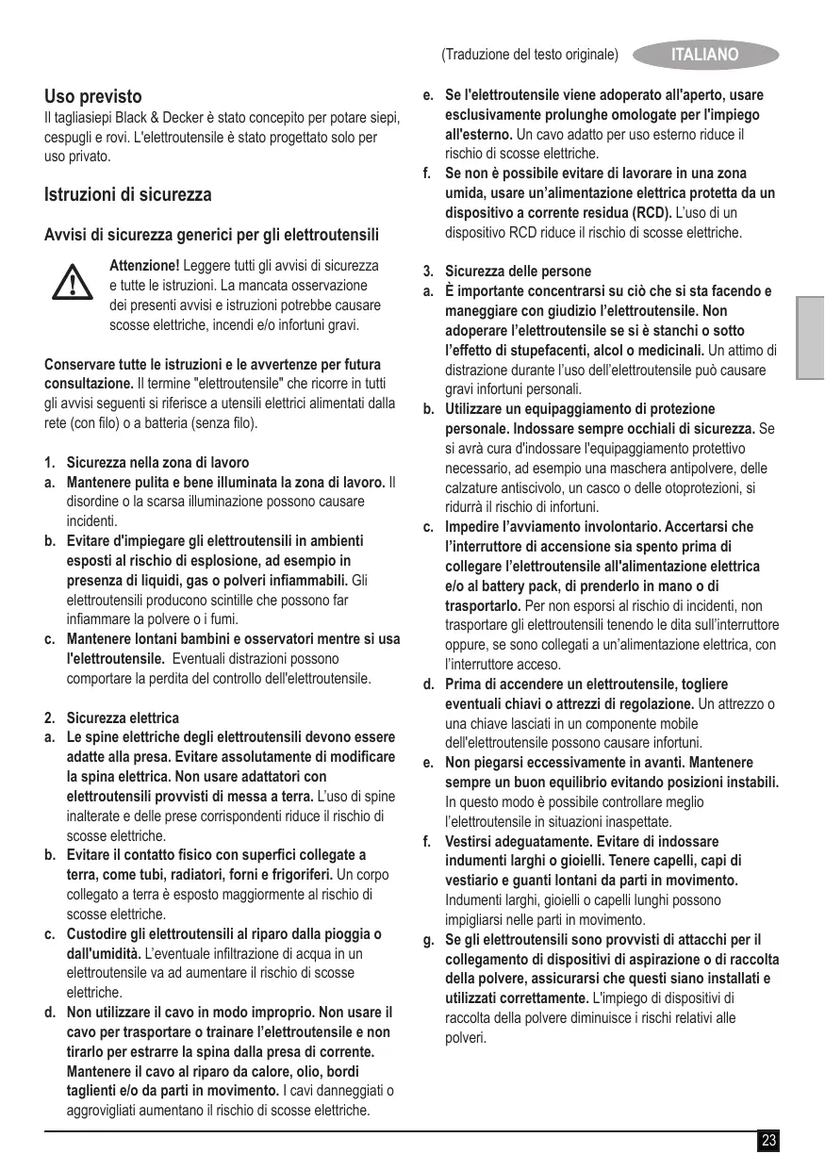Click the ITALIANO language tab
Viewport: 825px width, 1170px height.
[x=704, y=55]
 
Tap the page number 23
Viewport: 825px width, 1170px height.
[x=769, y=1142]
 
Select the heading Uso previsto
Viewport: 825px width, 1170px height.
[x=93, y=96]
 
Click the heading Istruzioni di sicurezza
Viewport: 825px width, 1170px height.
[x=128, y=195]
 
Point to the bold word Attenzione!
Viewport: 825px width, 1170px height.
[x=144, y=265]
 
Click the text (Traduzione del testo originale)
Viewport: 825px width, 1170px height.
[x=529, y=55]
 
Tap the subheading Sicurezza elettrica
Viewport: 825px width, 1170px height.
[x=123, y=717]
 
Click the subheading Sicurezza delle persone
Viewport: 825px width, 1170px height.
[x=518, y=272]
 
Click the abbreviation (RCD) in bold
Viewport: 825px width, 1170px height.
[x=650, y=212]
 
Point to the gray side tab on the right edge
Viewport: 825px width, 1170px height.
[x=810, y=338]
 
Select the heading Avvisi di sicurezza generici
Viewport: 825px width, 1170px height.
[x=212, y=233]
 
